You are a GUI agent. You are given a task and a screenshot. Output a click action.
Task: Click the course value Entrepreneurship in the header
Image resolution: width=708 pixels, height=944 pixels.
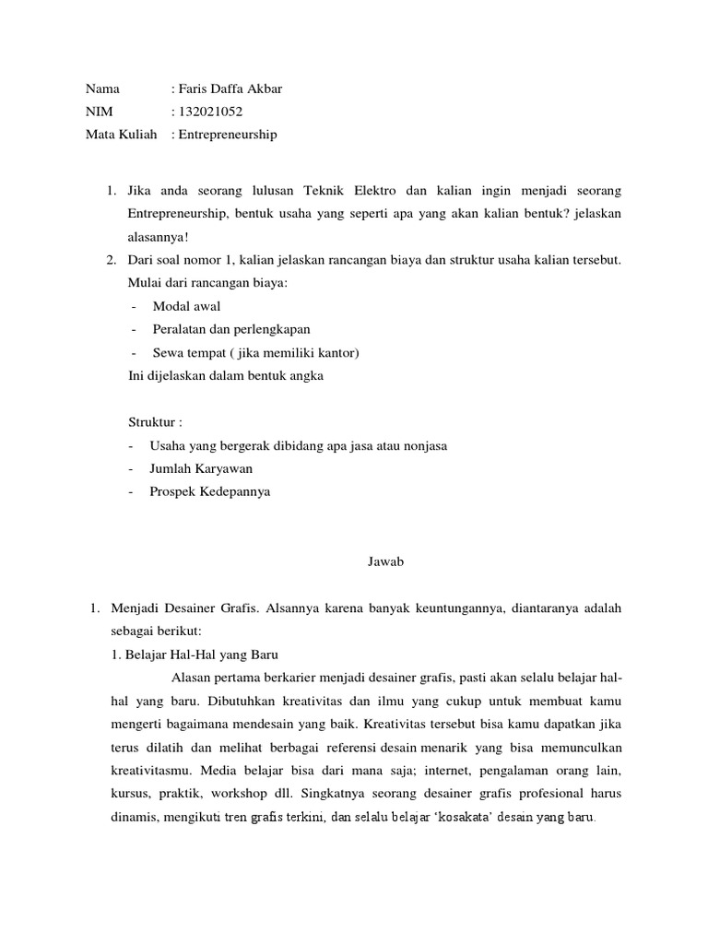(x=227, y=135)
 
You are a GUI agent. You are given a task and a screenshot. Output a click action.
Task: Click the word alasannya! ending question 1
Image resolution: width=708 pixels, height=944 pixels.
(x=157, y=235)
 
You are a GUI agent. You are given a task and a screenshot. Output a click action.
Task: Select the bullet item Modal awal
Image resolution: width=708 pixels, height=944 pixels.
(x=186, y=306)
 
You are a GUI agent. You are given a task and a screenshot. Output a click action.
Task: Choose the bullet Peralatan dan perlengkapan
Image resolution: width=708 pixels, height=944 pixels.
(x=230, y=329)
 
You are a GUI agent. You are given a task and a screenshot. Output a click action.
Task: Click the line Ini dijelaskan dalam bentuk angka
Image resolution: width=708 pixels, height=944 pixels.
(x=225, y=376)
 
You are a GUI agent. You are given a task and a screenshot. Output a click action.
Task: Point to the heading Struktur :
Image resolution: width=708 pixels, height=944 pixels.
(x=155, y=422)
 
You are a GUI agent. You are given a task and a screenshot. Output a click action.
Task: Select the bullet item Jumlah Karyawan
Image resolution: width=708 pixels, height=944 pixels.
(x=200, y=468)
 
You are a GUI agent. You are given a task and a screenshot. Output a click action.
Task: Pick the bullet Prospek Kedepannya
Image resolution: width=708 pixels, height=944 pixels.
(x=209, y=491)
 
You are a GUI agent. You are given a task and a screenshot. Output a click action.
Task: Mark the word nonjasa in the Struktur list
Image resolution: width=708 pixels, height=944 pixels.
(x=425, y=445)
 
